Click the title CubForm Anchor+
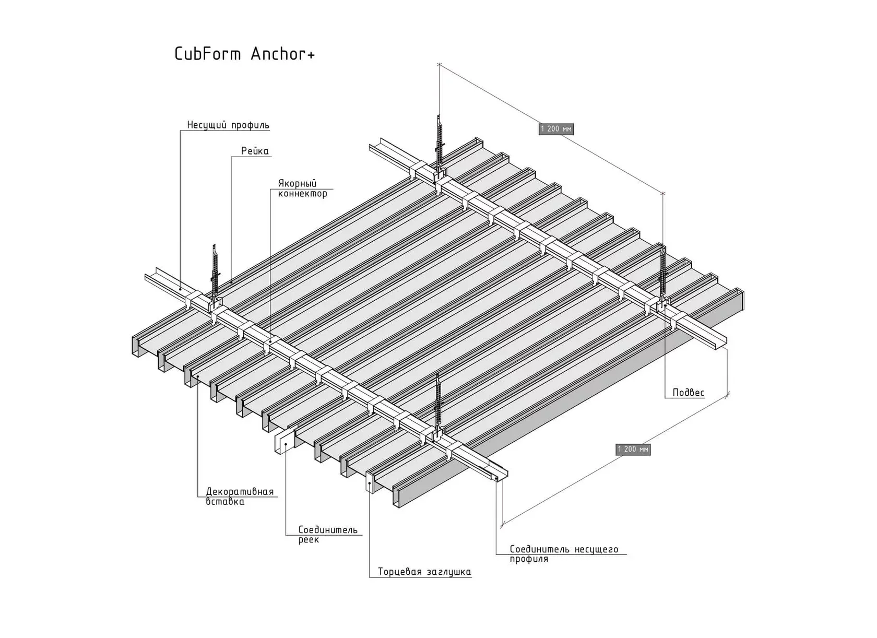coord(244,54)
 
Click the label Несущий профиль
coord(228,125)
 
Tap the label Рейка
coord(255,151)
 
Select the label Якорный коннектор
coord(302,188)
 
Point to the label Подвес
coord(688,393)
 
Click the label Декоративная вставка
coord(240,497)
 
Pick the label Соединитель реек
coord(328,535)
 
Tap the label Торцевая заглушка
coord(424,572)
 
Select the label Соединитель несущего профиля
coord(564,554)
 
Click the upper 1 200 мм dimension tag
coord(556,129)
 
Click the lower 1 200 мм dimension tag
coord(633,449)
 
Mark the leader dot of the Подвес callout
coord(665,306)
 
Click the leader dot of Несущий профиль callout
coord(180,289)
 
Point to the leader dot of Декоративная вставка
coord(198,376)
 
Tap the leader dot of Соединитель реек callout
coord(286,444)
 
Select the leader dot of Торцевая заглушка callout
coord(370,484)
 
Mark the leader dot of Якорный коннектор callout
coord(270,342)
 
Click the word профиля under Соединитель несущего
coord(528,559)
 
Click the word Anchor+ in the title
coord(282,54)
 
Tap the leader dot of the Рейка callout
coord(231,281)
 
